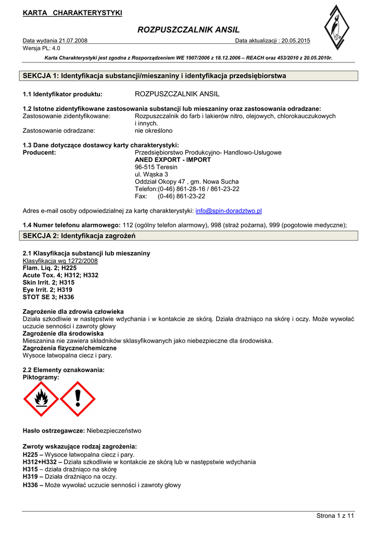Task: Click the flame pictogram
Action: [x=41, y=399]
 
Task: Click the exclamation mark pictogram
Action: [x=78, y=399]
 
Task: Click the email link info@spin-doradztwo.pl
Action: [x=228, y=211]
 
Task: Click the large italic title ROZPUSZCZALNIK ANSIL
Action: [x=188, y=30]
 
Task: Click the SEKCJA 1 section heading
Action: [x=154, y=76]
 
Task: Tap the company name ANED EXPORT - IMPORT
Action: [x=173, y=160]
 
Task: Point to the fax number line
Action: [x=170, y=196]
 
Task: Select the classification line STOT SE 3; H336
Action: [x=48, y=297]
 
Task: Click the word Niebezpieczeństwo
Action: [x=114, y=431]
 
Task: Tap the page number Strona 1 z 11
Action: [x=335, y=516]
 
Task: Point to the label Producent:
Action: [x=40, y=153]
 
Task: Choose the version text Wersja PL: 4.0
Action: [x=42, y=48]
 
